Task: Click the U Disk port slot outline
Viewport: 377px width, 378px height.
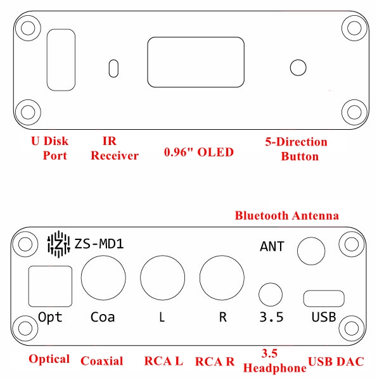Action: pyautogui.click(x=48, y=60)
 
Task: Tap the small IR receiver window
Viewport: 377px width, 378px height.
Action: pyautogui.click(x=113, y=68)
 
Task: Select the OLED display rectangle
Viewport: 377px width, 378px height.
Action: pyautogui.click(x=148, y=62)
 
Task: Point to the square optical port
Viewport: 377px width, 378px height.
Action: pyautogui.click(x=29, y=286)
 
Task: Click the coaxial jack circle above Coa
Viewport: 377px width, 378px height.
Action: pyautogui.click(x=81, y=278)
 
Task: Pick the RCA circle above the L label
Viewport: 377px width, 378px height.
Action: pyautogui.click(x=141, y=278)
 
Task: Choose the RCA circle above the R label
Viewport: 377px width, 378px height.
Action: pyautogui.click(x=200, y=278)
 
